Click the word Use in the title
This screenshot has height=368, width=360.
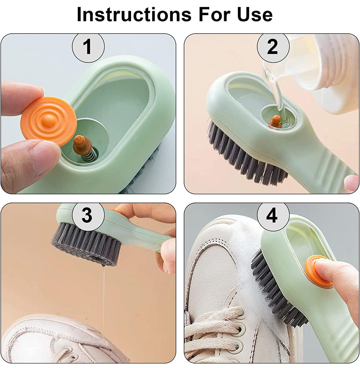pyautogui.click(x=255, y=14)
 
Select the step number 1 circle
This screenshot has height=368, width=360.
pyautogui.click(x=88, y=47)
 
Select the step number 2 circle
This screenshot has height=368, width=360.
pyautogui.click(x=273, y=47)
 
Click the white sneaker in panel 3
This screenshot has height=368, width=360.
pyautogui.click(x=59, y=340)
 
